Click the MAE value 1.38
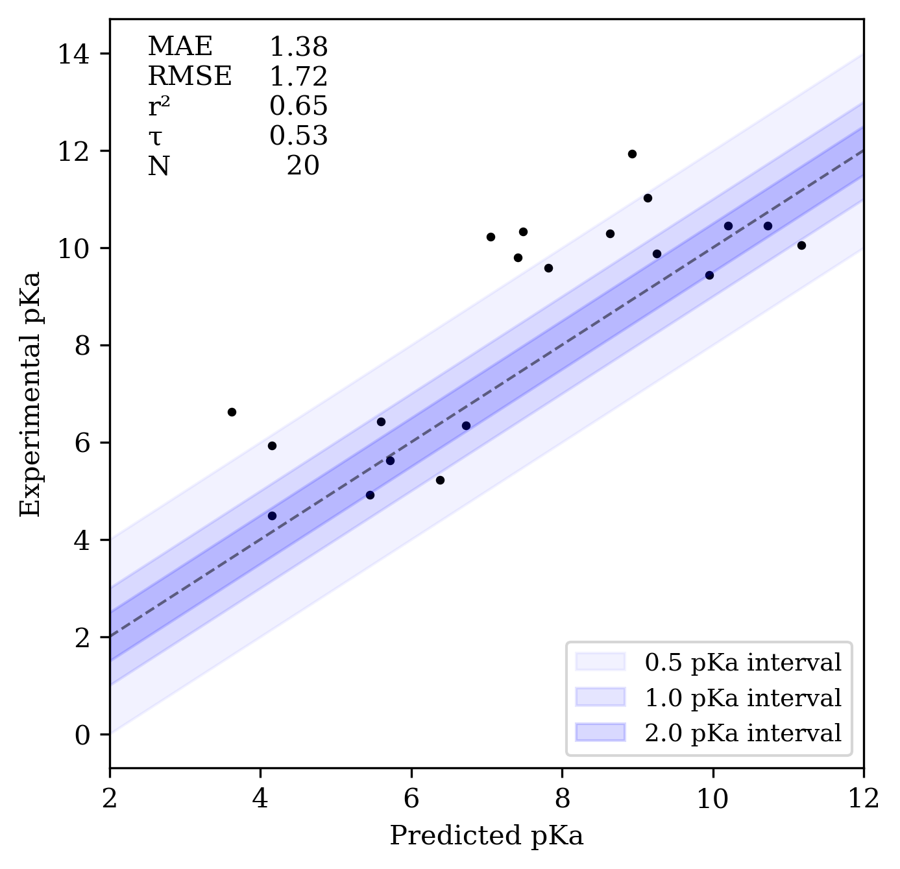tap(298, 47)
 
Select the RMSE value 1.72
tap(298, 77)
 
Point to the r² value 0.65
tap(298, 106)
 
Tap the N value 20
tap(303, 166)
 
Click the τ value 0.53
tap(298, 136)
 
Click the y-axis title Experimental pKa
tap(30, 394)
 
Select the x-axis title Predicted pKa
tap(486, 835)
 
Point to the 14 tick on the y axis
tap(74, 54)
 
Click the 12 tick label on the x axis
tap(863, 798)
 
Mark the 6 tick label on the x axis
tap(411, 798)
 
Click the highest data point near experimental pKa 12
tap(632, 154)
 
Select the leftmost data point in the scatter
tap(232, 412)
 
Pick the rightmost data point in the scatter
tap(801, 245)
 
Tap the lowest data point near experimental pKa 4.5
tap(272, 516)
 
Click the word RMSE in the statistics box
tap(189, 77)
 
